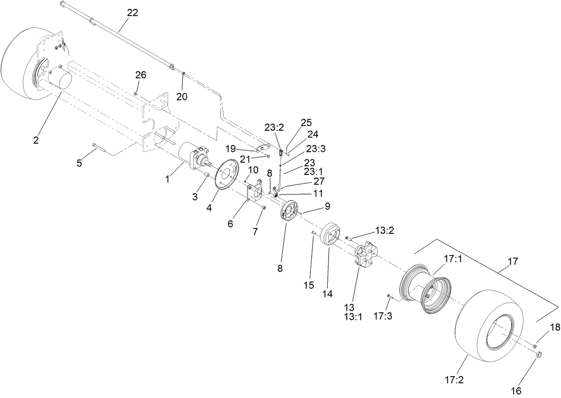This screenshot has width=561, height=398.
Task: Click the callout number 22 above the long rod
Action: [132, 12]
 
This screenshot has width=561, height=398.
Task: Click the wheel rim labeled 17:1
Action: [425, 286]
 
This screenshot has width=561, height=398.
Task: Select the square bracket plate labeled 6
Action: [255, 194]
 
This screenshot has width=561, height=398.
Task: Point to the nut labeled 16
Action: [538, 355]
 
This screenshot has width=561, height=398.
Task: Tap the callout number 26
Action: [140, 75]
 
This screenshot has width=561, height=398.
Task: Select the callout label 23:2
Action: [274, 127]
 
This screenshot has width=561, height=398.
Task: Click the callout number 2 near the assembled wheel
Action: [36, 140]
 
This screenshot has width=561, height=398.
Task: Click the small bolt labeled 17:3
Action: [389, 296]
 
